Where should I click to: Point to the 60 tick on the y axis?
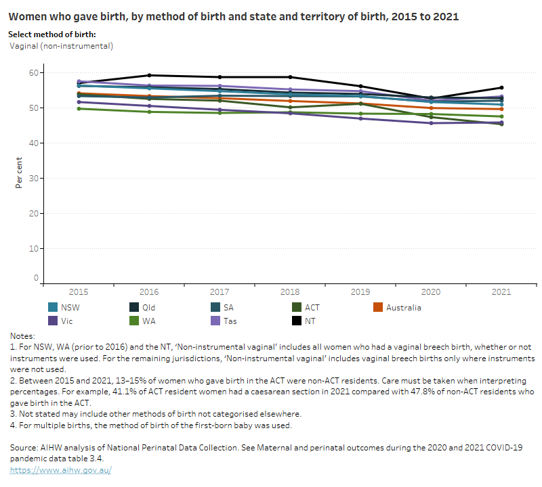tap(33, 73)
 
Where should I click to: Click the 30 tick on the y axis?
tap(33, 179)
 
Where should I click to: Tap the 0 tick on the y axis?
tap(36, 278)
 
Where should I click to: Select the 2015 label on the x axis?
tap(79, 292)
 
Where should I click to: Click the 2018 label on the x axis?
tap(290, 292)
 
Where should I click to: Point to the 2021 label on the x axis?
tap(501, 292)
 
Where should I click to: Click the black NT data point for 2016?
tap(149, 75)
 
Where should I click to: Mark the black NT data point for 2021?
tap(501, 87)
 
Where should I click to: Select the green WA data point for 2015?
tap(79, 108)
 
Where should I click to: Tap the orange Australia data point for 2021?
tap(501, 109)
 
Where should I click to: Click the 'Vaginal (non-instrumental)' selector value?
tap(62, 46)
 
